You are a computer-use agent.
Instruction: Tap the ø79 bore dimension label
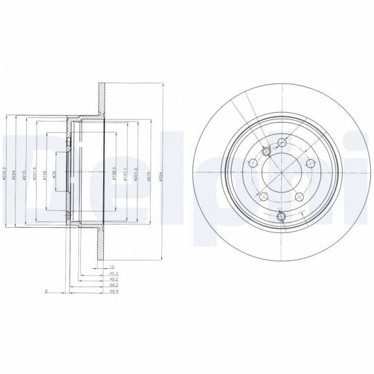click(x=55, y=174)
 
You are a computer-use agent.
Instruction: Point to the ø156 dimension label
click(x=45, y=174)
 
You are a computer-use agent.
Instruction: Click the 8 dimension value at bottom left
click(x=46, y=291)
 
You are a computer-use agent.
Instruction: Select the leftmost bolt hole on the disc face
click(x=253, y=163)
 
